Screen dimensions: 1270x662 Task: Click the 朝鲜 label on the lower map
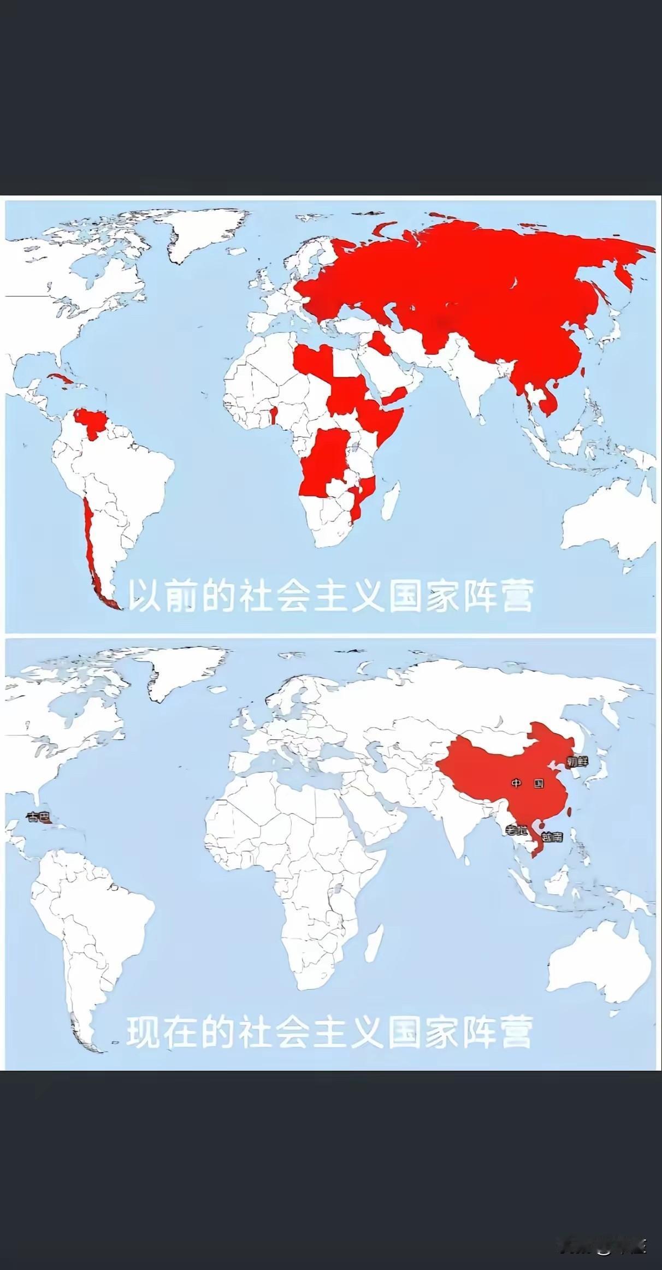(577, 761)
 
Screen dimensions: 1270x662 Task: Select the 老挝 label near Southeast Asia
(515, 831)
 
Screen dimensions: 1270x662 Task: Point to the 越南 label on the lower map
(551, 836)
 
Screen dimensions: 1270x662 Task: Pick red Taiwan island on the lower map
(569, 811)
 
